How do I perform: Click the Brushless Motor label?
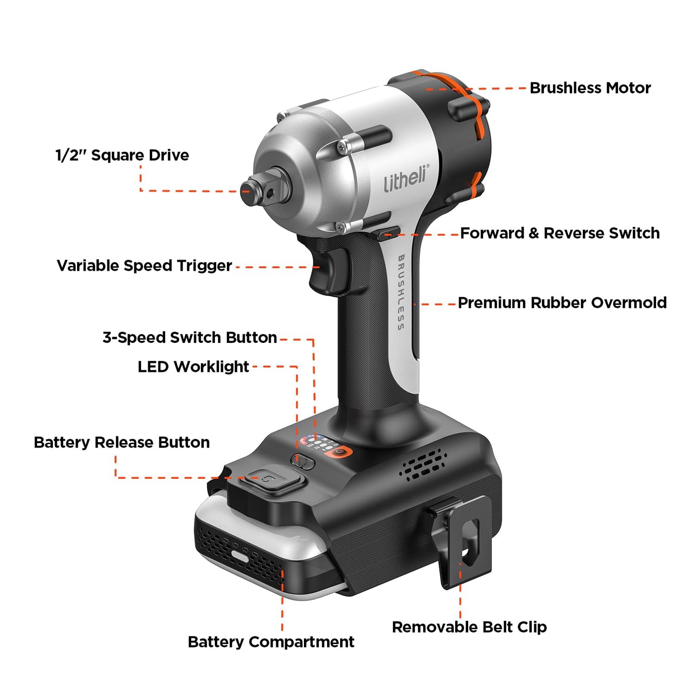coord(590,88)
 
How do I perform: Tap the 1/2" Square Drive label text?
coord(122,155)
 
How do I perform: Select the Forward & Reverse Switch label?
coord(559,233)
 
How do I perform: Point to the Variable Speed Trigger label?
coord(144,265)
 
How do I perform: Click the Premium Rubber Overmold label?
coord(562,302)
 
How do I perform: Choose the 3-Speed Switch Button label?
coord(189,337)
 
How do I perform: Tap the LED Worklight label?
coord(193,367)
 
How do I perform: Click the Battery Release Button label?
coord(121,442)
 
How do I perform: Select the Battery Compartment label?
coord(271,642)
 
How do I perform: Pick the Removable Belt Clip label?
coord(469,627)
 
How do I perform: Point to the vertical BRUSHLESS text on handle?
coord(400,292)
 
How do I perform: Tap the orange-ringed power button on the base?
coord(341,453)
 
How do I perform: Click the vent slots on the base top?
coord(423,465)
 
